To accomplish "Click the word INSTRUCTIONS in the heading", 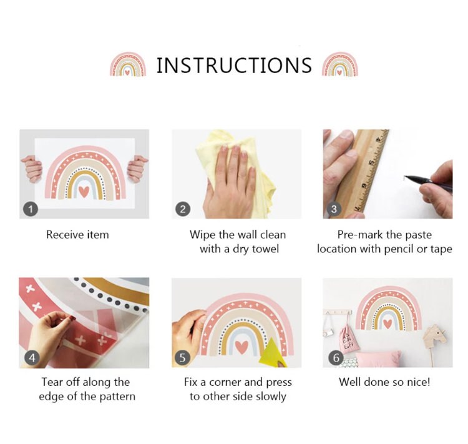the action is coord(234,66).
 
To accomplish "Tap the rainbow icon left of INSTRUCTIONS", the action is coord(128,64).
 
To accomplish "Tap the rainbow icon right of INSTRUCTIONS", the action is coord(340,64).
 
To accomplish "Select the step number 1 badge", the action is coord(31,209).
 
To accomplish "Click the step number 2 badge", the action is coord(183,209).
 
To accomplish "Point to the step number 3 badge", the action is coord(334,209).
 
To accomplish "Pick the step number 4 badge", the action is coord(32,357).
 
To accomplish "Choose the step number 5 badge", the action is coord(182,357).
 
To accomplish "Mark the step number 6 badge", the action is coord(336,357).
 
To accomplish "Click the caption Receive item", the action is coord(77,235).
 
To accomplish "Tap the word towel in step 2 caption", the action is coord(265,249).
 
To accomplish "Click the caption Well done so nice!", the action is coord(384,382).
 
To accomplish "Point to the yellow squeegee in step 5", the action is coord(273,353).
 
